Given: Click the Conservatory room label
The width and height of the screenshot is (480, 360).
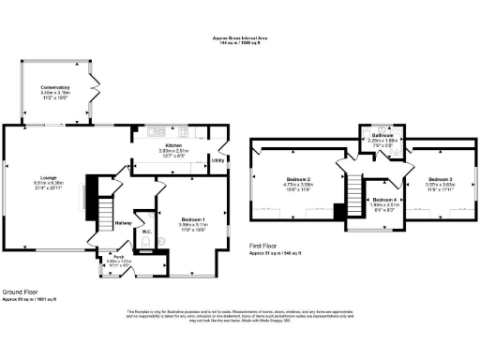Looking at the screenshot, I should coord(55,89).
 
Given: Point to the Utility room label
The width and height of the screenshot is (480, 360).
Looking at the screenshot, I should coord(217,160).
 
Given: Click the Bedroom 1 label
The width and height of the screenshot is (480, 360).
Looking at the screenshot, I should coord(192,219).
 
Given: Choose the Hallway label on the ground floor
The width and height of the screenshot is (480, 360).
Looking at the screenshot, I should coord(123,223).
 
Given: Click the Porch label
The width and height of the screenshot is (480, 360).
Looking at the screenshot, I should coord(119,256).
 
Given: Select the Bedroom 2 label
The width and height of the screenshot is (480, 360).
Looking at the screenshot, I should coord(296,178).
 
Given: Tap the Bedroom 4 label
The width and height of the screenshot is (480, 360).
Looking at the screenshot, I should coord(384,200).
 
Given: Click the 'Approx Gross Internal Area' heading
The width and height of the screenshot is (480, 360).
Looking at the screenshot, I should coord(240,38).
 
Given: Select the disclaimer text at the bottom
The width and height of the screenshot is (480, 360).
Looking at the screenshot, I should coord(240,316).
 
